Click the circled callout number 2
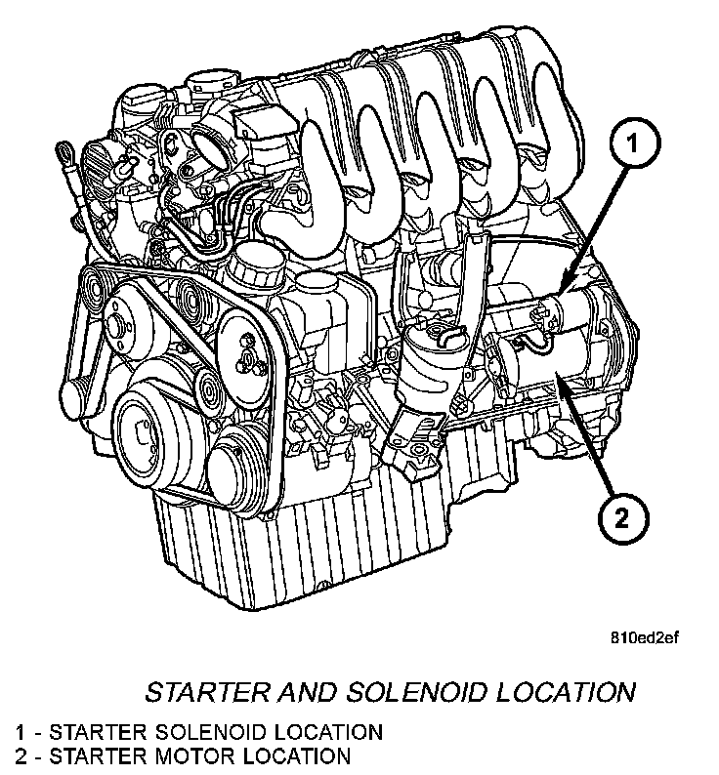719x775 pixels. [622, 513]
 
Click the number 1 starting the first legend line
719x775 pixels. [20, 731]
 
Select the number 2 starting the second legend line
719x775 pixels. [20, 755]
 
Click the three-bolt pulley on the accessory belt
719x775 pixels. [245, 356]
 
